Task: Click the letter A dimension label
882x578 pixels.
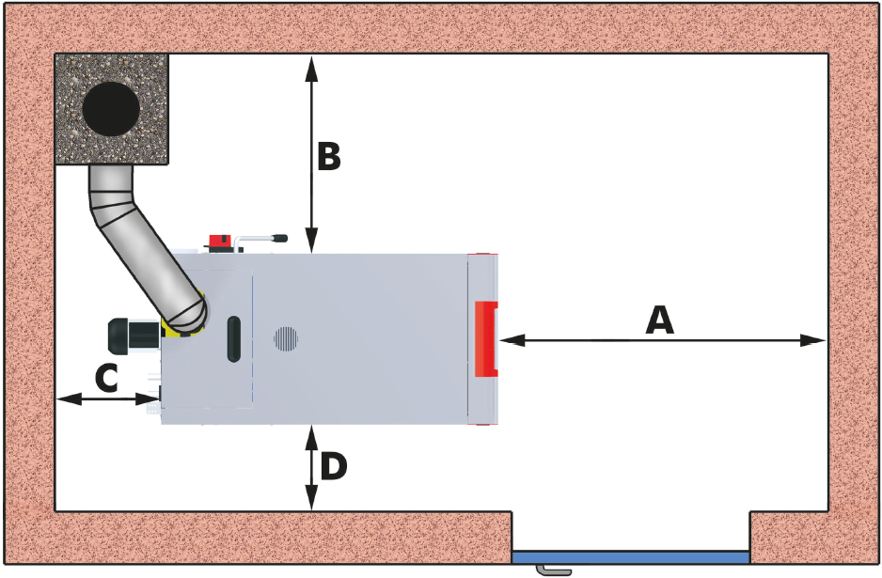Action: [660, 320]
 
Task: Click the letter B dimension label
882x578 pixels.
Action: [327, 157]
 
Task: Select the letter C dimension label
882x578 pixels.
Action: [106, 379]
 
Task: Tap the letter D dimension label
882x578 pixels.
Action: [333, 467]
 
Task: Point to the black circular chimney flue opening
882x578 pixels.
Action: [111, 109]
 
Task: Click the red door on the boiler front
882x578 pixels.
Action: [485, 338]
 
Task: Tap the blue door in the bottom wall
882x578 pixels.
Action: [630, 557]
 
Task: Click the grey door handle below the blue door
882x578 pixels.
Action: [552, 570]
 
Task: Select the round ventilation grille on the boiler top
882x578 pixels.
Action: [286, 338]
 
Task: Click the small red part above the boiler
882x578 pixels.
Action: [222, 242]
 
